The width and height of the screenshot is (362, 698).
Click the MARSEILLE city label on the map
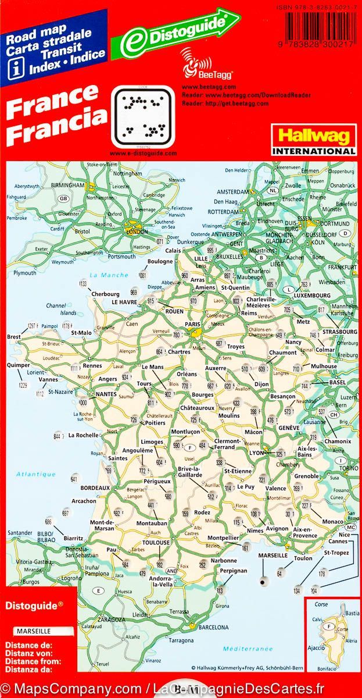click(274, 555)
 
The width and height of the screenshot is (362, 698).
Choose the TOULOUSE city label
click(156, 543)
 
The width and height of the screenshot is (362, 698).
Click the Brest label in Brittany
click(14, 337)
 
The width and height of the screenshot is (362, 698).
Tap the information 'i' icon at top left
click(10, 55)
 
